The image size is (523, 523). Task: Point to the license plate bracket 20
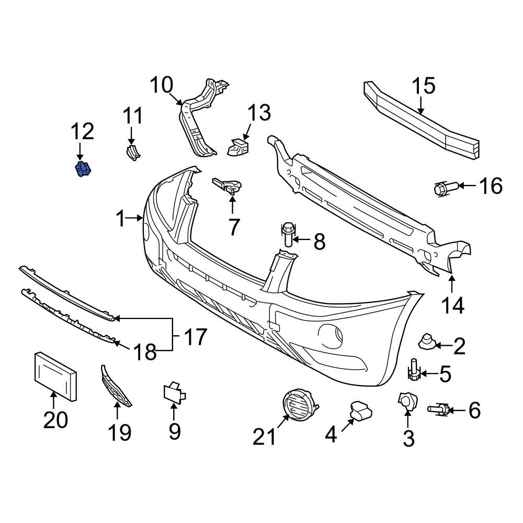(x=55, y=376)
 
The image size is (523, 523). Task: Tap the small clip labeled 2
(x=427, y=343)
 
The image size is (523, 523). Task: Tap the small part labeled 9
(x=175, y=393)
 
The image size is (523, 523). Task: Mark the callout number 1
(x=120, y=219)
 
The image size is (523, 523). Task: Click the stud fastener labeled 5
(x=414, y=371)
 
